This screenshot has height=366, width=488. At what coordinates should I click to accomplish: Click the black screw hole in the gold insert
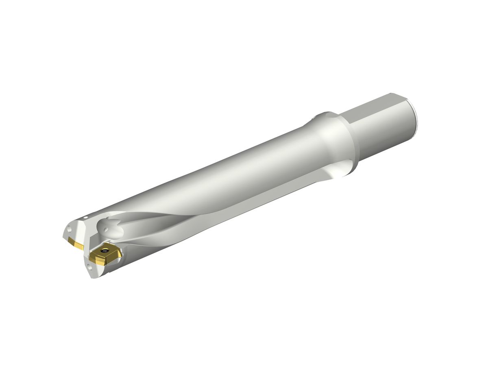click(107, 249)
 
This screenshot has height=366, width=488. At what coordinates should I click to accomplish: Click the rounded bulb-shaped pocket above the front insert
click(112, 230)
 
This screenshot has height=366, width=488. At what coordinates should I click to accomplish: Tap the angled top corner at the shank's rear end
click(403, 96)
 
